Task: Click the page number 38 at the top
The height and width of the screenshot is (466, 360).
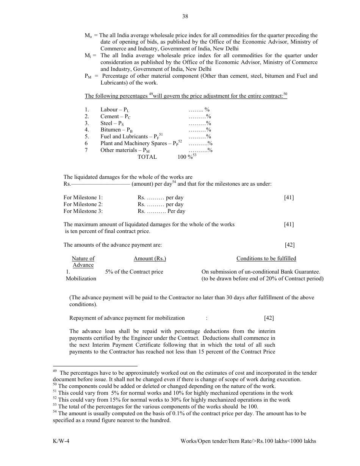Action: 185,16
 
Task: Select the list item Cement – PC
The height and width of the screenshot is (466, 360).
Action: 115,117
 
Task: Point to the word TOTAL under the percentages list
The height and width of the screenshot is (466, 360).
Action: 147,157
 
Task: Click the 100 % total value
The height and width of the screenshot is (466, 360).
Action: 186,157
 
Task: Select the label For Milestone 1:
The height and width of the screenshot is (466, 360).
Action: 83,198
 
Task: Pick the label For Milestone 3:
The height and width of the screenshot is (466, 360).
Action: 83,211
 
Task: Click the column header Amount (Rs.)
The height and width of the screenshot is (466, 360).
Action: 150,259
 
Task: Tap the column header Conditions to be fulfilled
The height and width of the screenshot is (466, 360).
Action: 266,259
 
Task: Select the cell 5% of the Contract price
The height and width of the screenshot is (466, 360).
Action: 134,272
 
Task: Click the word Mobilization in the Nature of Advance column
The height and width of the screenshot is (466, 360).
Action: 81,279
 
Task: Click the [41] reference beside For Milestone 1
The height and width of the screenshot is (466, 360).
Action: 289,198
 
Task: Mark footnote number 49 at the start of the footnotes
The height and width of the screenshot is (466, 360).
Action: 55,371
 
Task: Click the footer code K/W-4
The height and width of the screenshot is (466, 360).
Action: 61,441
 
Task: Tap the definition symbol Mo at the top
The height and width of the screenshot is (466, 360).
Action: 88,36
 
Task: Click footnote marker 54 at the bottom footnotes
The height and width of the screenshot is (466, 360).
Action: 55,413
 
